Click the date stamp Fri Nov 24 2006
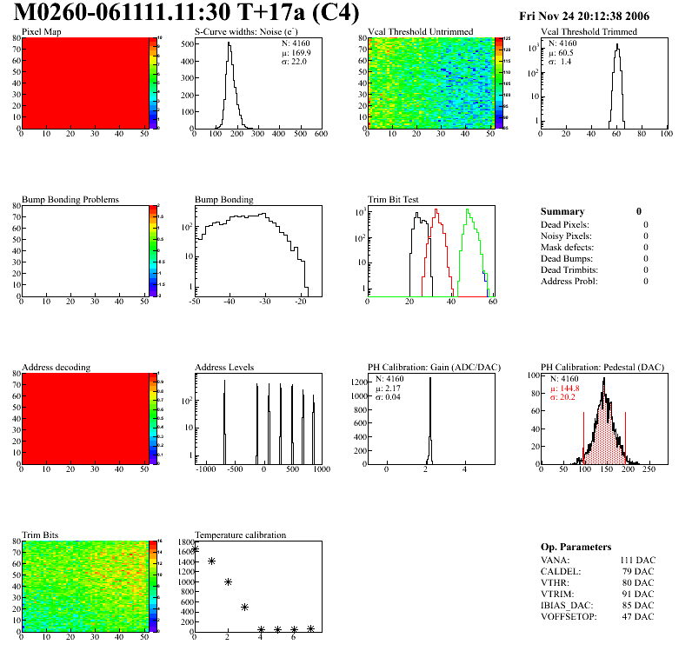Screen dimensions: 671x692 (596, 17)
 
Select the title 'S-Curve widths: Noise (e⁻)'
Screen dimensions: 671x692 (246, 32)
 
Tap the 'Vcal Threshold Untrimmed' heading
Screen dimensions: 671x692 (421, 32)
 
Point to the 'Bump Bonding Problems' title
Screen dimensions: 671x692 (70, 200)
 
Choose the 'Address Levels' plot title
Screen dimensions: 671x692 (225, 368)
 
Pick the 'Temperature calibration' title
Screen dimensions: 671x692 (241, 535)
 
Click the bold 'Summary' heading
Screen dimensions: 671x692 (562, 211)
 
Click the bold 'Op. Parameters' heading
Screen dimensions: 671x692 (576, 547)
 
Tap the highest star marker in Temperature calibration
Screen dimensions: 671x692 (195, 549)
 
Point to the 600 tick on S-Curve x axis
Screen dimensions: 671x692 (320, 135)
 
